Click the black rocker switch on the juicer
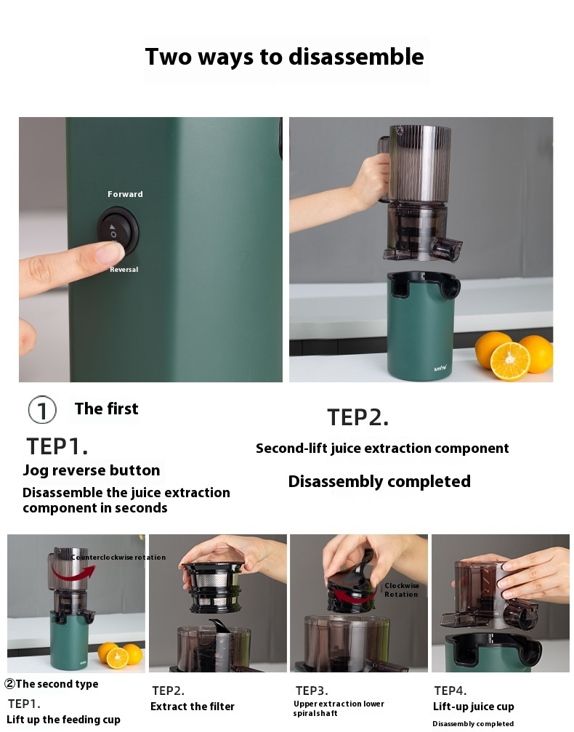point(118,230)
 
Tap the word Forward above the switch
point(125,194)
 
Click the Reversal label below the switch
point(124,270)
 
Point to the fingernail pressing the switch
point(110,252)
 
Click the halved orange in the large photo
point(510,361)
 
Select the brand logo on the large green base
point(440,369)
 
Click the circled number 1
point(42,410)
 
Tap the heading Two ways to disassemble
point(285,57)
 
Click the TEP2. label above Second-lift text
point(357,417)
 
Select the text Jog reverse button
point(92,470)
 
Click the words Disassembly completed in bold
point(379,481)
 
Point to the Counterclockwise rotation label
point(118,557)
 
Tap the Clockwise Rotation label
point(401,590)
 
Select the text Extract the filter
point(193,707)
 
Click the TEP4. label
point(450,691)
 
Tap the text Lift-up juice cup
point(473,707)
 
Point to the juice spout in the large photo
point(447,247)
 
